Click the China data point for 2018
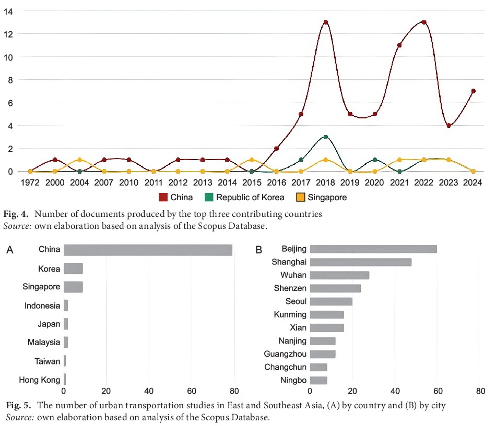[325, 22]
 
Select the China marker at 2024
[473, 91]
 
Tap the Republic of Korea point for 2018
[325, 137]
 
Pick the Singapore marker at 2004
[79, 160]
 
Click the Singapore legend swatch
[300, 197]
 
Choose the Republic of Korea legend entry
[244, 197]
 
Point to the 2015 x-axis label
[252, 182]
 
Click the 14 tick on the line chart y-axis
[8, 11]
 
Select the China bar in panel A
[148, 250]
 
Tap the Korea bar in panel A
[73, 269]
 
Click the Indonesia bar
[66, 306]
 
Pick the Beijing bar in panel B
[373, 249]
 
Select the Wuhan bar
[339, 275]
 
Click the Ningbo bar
[318, 380]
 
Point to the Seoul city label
[296, 301]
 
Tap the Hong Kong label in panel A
[40, 380]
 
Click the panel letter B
[259, 250]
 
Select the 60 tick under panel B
[438, 391]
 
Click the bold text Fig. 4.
[16, 214]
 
